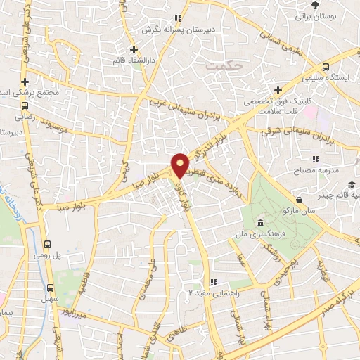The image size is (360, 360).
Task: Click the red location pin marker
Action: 180,165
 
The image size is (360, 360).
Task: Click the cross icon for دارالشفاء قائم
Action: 134,49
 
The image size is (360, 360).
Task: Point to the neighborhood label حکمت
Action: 224,64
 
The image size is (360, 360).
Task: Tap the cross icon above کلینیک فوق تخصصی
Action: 279,90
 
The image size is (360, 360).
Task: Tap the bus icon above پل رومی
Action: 47,245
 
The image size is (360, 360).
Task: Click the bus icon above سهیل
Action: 50,288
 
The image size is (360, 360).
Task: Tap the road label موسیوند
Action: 64,127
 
